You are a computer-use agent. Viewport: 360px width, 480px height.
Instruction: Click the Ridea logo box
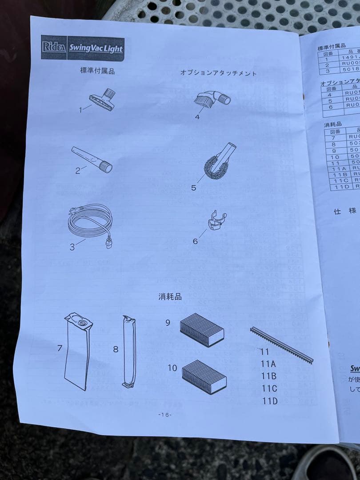pyautogui.click(x=54, y=47)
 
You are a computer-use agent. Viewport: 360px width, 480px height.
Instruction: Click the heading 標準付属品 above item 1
pyautogui.click(x=97, y=71)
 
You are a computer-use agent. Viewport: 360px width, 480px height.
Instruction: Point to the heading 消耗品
pyautogui.click(x=170, y=296)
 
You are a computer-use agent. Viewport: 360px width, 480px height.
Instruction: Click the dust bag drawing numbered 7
pyautogui.click(x=78, y=350)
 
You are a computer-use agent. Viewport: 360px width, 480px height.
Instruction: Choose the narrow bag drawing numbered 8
pyautogui.click(x=128, y=351)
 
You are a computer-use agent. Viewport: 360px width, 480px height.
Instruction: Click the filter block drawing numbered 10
pyautogui.click(x=204, y=376)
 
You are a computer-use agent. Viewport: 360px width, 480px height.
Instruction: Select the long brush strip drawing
pyautogui.click(x=281, y=344)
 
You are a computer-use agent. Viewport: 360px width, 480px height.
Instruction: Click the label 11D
pyautogui.click(x=269, y=401)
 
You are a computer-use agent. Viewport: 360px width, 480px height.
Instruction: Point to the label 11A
pyautogui.click(x=269, y=364)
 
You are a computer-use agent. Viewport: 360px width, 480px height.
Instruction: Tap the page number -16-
pyautogui.click(x=165, y=415)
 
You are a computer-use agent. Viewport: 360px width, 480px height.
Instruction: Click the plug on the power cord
pyautogui.click(x=108, y=243)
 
